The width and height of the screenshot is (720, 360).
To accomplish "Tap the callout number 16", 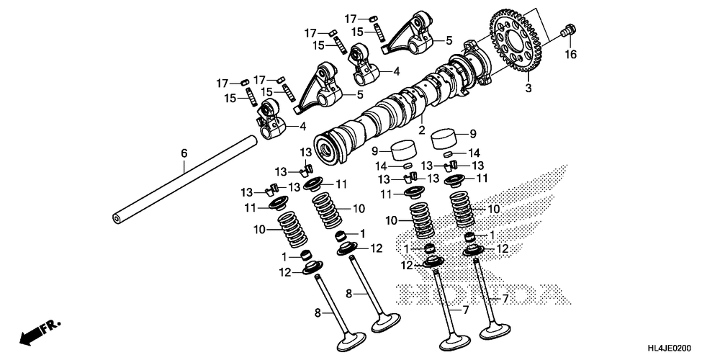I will (x=570, y=55).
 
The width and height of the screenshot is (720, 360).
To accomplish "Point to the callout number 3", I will (x=528, y=89).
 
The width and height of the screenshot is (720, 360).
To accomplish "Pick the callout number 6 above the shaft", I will (x=184, y=153).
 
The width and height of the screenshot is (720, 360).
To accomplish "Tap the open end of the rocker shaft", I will (x=117, y=217).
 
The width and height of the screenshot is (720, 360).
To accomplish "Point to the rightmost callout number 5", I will (x=449, y=41).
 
